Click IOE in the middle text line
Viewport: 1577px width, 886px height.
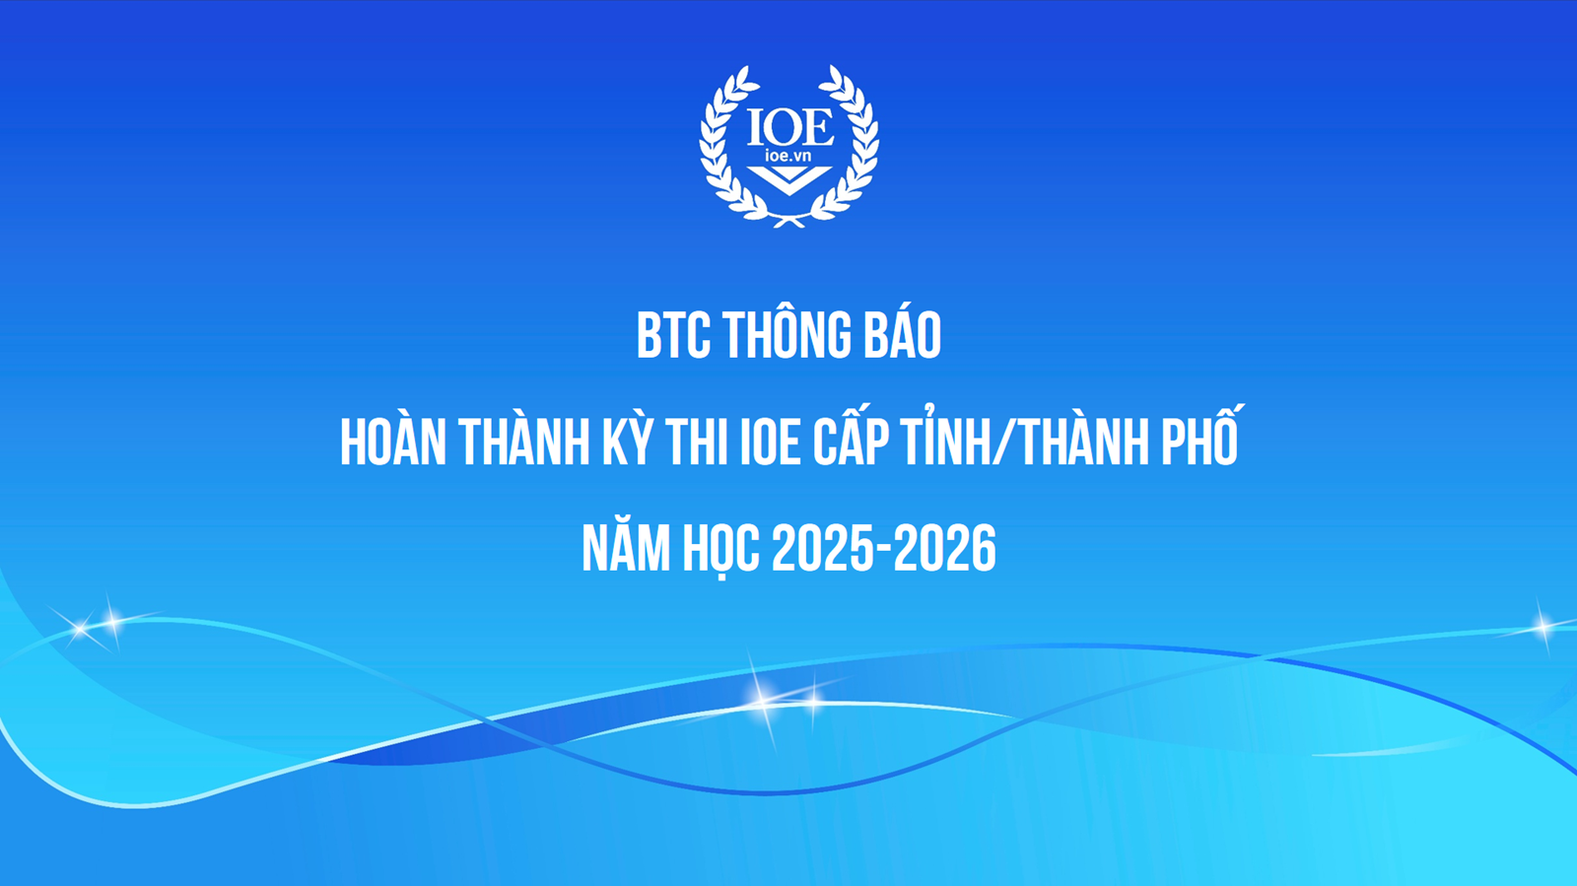click(x=770, y=443)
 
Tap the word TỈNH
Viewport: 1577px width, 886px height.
click(x=942, y=439)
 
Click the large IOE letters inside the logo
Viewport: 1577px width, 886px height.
click(x=789, y=127)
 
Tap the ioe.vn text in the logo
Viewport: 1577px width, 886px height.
click(x=788, y=155)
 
